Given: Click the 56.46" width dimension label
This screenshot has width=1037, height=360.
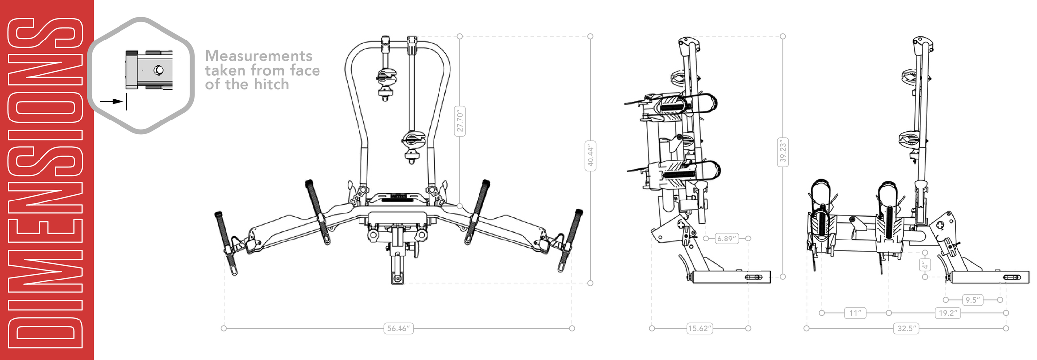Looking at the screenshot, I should pyautogui.click(x=398, y=328).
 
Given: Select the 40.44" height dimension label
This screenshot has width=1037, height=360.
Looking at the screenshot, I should pyautogui.click(x=590, y=156).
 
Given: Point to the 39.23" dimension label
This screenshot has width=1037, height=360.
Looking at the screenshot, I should pyautogui.click(x=783, y=152).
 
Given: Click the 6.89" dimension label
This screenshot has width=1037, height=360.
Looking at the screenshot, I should pyautogui.click(x=726, y=239).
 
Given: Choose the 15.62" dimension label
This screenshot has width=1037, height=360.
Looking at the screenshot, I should pyautogui.click(x=700, y=328).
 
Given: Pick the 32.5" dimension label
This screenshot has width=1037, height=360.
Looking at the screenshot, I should pyautogui.click(x=906, y=328).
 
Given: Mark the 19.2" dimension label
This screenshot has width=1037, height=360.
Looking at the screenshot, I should pyautogui.click(x=948, y=313).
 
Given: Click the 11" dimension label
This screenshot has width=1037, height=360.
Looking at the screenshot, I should pyautogui.click(x=855, y=313).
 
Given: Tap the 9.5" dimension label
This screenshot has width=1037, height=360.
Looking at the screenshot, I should pyautogui.click(x=972, y=300).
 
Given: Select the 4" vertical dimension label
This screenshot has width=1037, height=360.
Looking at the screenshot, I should pyautogui.click(x=925, y=265).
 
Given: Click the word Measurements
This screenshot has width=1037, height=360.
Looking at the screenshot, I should pyautogui.click(x=259, y=56).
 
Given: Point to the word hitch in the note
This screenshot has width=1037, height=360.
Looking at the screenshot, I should pyautogui.click(x=271, y=84).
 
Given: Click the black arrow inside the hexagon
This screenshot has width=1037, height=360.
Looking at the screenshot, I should pyautogui.click(x=112, y=101).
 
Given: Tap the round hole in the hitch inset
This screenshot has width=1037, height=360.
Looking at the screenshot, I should pyautogui.click(x=159, y=70).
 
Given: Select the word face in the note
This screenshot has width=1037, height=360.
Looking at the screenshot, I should pyautogui.click(x=305, y=70).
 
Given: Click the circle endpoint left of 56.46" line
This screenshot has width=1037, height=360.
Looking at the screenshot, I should pyautogui.click(x=224, y=328).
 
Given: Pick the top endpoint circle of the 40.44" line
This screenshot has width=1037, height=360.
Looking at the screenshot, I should pyautogui.click(x=590, y=36).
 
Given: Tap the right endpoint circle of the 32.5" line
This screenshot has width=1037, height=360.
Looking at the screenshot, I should pyautogui.click(x=1006, y=328).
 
